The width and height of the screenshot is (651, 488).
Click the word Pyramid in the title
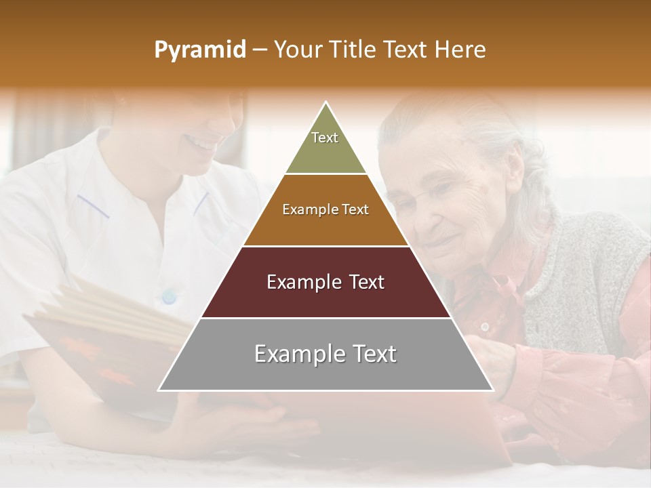[199, 50]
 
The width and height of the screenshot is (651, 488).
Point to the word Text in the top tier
[325, 138]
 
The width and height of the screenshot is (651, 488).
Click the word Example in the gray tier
[295, 354]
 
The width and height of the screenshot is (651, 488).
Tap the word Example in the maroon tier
[301, 282]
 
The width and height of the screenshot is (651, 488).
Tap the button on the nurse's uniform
[168, 296]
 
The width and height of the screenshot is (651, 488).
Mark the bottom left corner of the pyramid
[159, 390]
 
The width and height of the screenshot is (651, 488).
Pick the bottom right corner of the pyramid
[493, 390]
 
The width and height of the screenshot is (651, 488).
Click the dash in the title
[260, 50]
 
